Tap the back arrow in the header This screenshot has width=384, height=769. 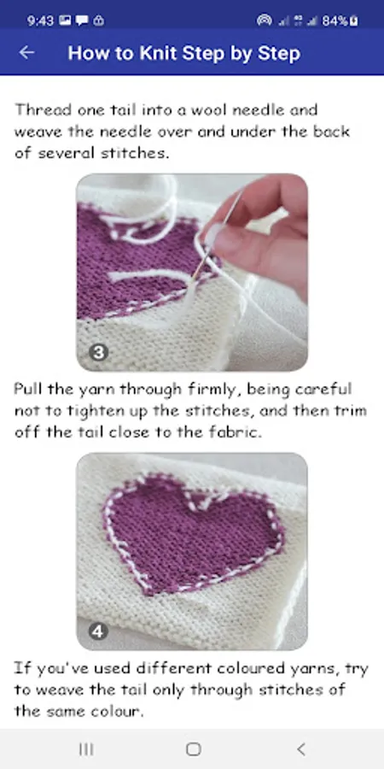coord(26,52)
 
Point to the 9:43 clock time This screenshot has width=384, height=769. coord(41,21)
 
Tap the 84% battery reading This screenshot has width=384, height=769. coord(335,21)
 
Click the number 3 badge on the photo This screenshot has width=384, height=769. coord(99,353)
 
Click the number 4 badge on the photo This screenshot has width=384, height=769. coord(98,631)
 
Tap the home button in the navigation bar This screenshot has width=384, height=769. coord(194,748)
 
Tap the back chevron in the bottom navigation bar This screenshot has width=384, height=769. coord(300,748)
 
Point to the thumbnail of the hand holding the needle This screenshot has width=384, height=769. coord(192,273)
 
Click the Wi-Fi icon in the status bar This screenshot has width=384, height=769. coord(264,21)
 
